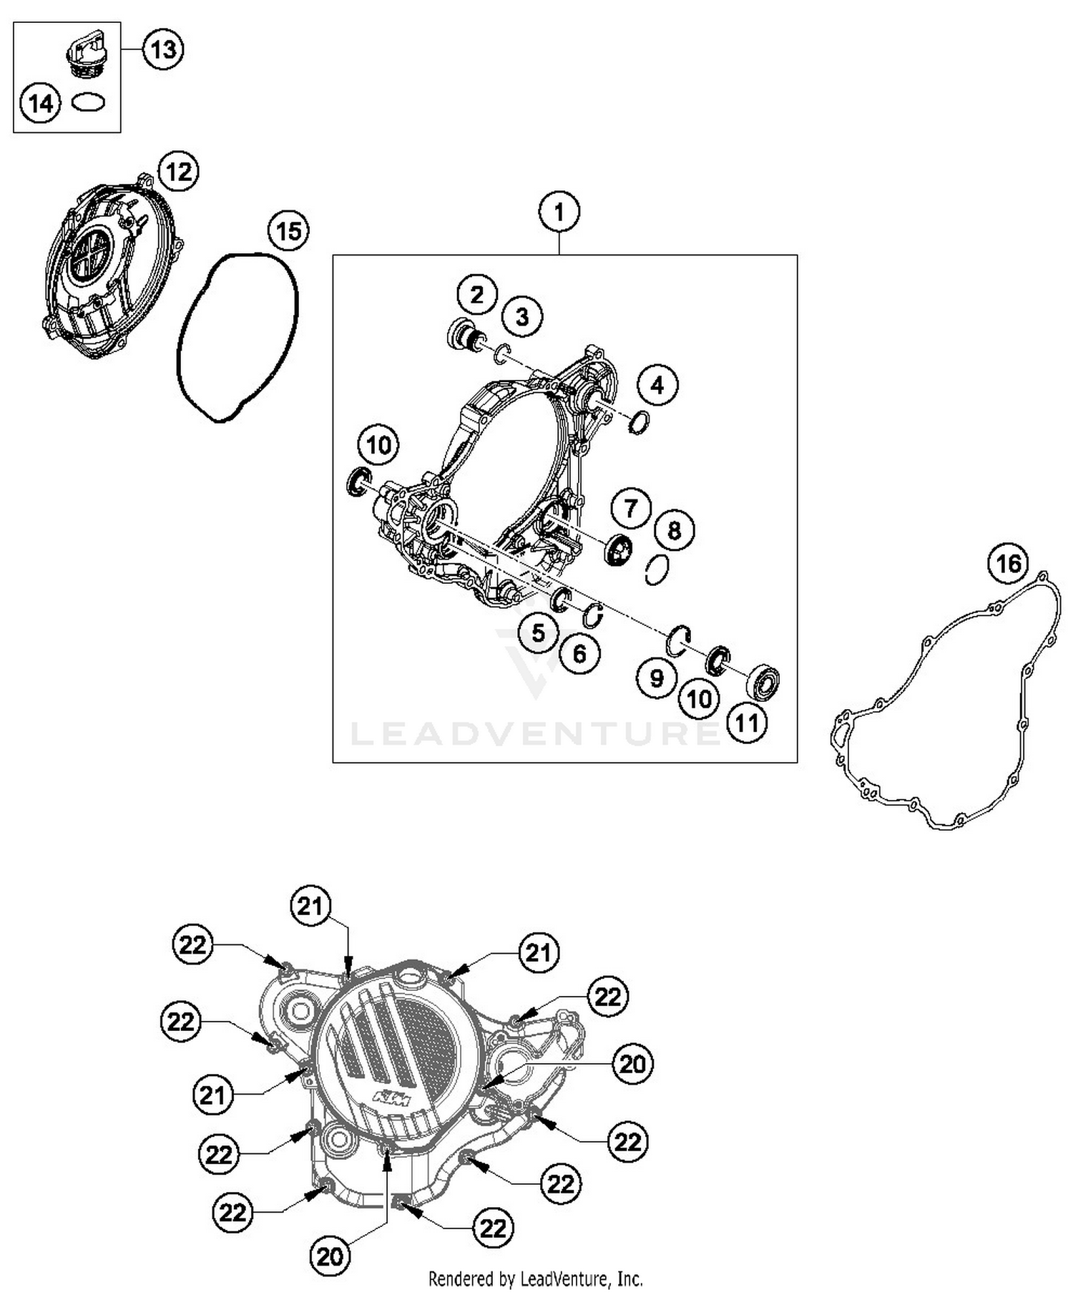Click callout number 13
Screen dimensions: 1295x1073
pyautogui.click(x=163, y=50)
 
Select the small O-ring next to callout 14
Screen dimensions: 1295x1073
pyautogui.click(x=89, y=103)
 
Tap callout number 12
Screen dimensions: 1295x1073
pyautogui.click(x=178, y=172)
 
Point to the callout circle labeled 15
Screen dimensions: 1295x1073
pyautogui.click(x=288, y=231)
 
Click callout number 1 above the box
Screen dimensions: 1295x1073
pyautogui.click(x=559, y=212)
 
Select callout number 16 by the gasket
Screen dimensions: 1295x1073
pyautogui.click(x=1008, y=564)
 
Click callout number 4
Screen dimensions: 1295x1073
pyautogui.click(x=657, y=385)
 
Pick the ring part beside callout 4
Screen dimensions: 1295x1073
pyautogui.click(x=638, y=424)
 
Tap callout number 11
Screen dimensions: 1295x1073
pyautogui.click(x=748, y=723)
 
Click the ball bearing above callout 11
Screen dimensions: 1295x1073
pyautogui.click(x=763, y=681)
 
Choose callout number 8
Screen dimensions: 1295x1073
pyautogui.click(x=674, y=531)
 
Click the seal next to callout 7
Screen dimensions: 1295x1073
pyautogui.click(x=619, y=549)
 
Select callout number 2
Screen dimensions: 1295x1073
pyautogui.click(x=477, y=294)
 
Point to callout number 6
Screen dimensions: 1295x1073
pyautogui.click(x=579, y=653)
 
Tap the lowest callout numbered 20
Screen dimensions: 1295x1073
pyautogui.click(x=330, y=1256)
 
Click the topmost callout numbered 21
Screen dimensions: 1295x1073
pyautogui.click(x=310, y=906)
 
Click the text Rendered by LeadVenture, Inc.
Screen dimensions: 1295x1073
pyautogui.click(x=535, y=1279)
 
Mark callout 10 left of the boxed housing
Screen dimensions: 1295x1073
pyautogui.click(x=378, y=445)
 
